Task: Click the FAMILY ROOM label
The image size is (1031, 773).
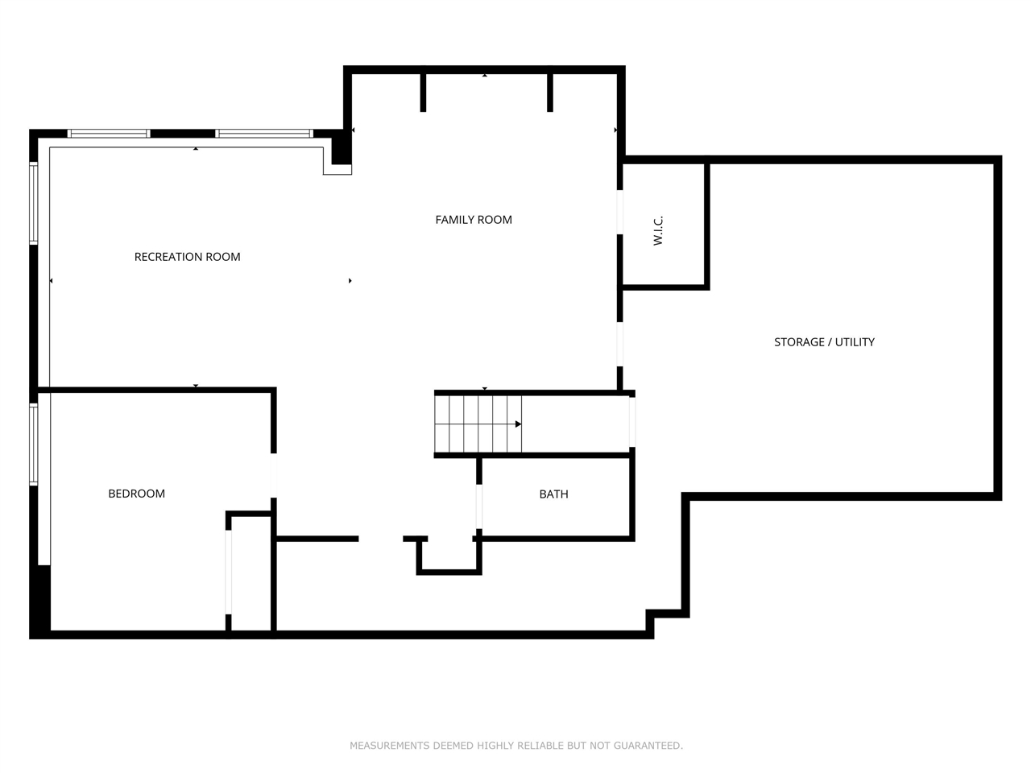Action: pos(474,220)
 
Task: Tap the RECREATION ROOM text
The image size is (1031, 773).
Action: pos(187,257)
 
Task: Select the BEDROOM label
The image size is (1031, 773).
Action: pos(136,494)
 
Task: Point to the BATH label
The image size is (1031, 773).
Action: pos(553,494)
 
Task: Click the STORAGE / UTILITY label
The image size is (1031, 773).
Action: pos(824,342)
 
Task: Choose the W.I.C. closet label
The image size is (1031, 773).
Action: pos(658,230)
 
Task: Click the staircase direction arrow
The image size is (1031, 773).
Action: pos(518,424)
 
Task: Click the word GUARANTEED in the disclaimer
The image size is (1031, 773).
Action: pos(648,746)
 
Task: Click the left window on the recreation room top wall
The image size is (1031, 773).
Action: pos(109,134)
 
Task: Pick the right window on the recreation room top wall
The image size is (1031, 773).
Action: pos(263,134)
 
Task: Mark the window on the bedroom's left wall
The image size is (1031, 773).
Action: pos(34,444)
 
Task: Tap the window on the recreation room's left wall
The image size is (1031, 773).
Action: pos(34,203)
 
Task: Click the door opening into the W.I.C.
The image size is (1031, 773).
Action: pos(620,212)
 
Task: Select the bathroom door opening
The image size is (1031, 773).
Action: pos(479,506)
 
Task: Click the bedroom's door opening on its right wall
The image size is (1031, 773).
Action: pos(274,476)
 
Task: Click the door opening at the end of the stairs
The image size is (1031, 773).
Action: pos(632,422)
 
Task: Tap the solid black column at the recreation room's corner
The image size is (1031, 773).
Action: pos(342,149)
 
